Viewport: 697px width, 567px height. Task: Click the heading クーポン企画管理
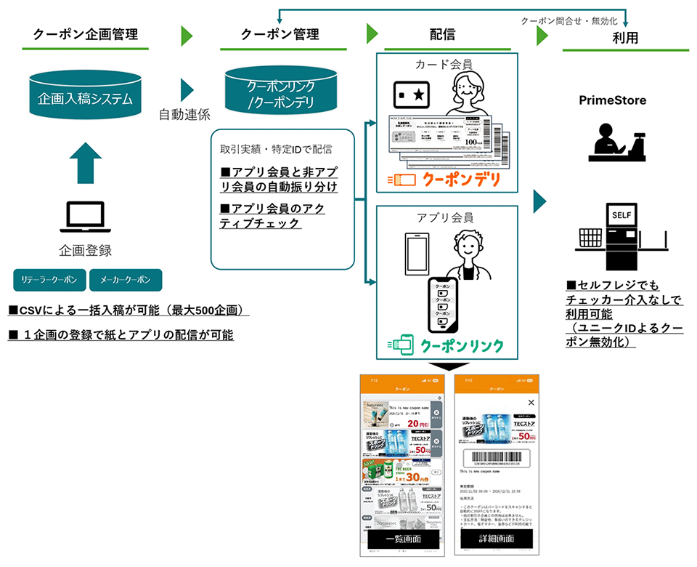(x=86, y=33)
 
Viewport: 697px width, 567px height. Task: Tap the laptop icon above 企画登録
(x=86, y=217)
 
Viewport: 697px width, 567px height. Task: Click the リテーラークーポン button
(x=49, y=280)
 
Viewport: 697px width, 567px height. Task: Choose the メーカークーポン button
(x=125, y=280)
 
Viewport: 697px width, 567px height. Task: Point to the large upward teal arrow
(x=86, y=161)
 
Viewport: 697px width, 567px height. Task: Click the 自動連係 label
(x=184, y=114)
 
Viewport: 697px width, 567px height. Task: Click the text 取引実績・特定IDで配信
(x=276, y=149)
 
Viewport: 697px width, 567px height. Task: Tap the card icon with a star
(x=412, y=94)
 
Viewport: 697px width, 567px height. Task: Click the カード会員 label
(x=444, y=65)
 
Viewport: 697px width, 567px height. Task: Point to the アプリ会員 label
(x=444, y=217)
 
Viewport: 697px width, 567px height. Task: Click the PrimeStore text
(x=612, y=100)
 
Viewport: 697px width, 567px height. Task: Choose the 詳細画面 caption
(x=497, y=539)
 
